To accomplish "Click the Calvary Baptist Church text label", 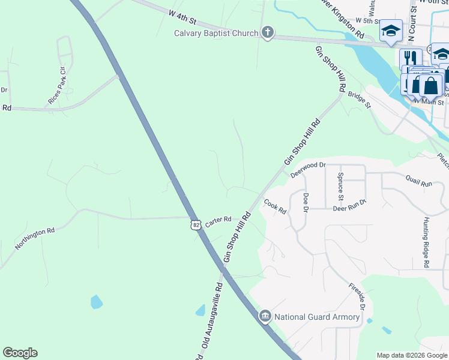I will (216, 33).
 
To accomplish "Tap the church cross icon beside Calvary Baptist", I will (267, 33).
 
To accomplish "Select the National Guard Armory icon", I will (265, 316).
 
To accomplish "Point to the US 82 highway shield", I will (196, 224).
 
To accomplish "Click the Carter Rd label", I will (218, 221).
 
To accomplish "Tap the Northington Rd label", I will (35, 238).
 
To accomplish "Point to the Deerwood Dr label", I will (307, 170).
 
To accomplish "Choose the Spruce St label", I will (340, 186).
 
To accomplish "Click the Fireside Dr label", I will (355, 296).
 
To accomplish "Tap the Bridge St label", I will (360, 100).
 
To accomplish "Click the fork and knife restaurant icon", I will (411, 58).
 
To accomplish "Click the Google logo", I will (20, 353).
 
